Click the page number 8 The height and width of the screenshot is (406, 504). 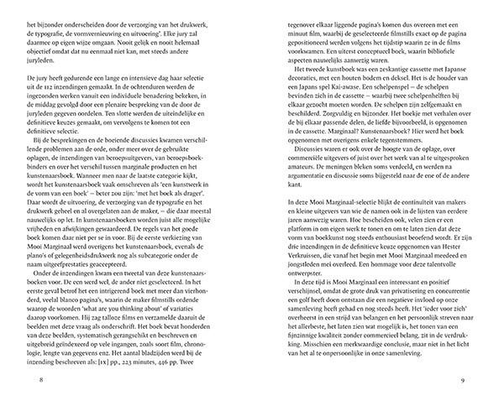30,379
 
